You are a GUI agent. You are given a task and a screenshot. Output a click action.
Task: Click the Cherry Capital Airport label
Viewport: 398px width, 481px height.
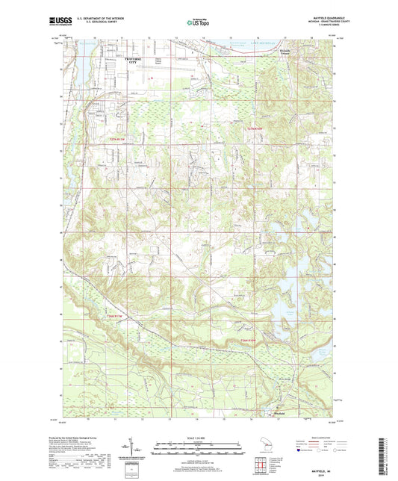click(x=163, y=60)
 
